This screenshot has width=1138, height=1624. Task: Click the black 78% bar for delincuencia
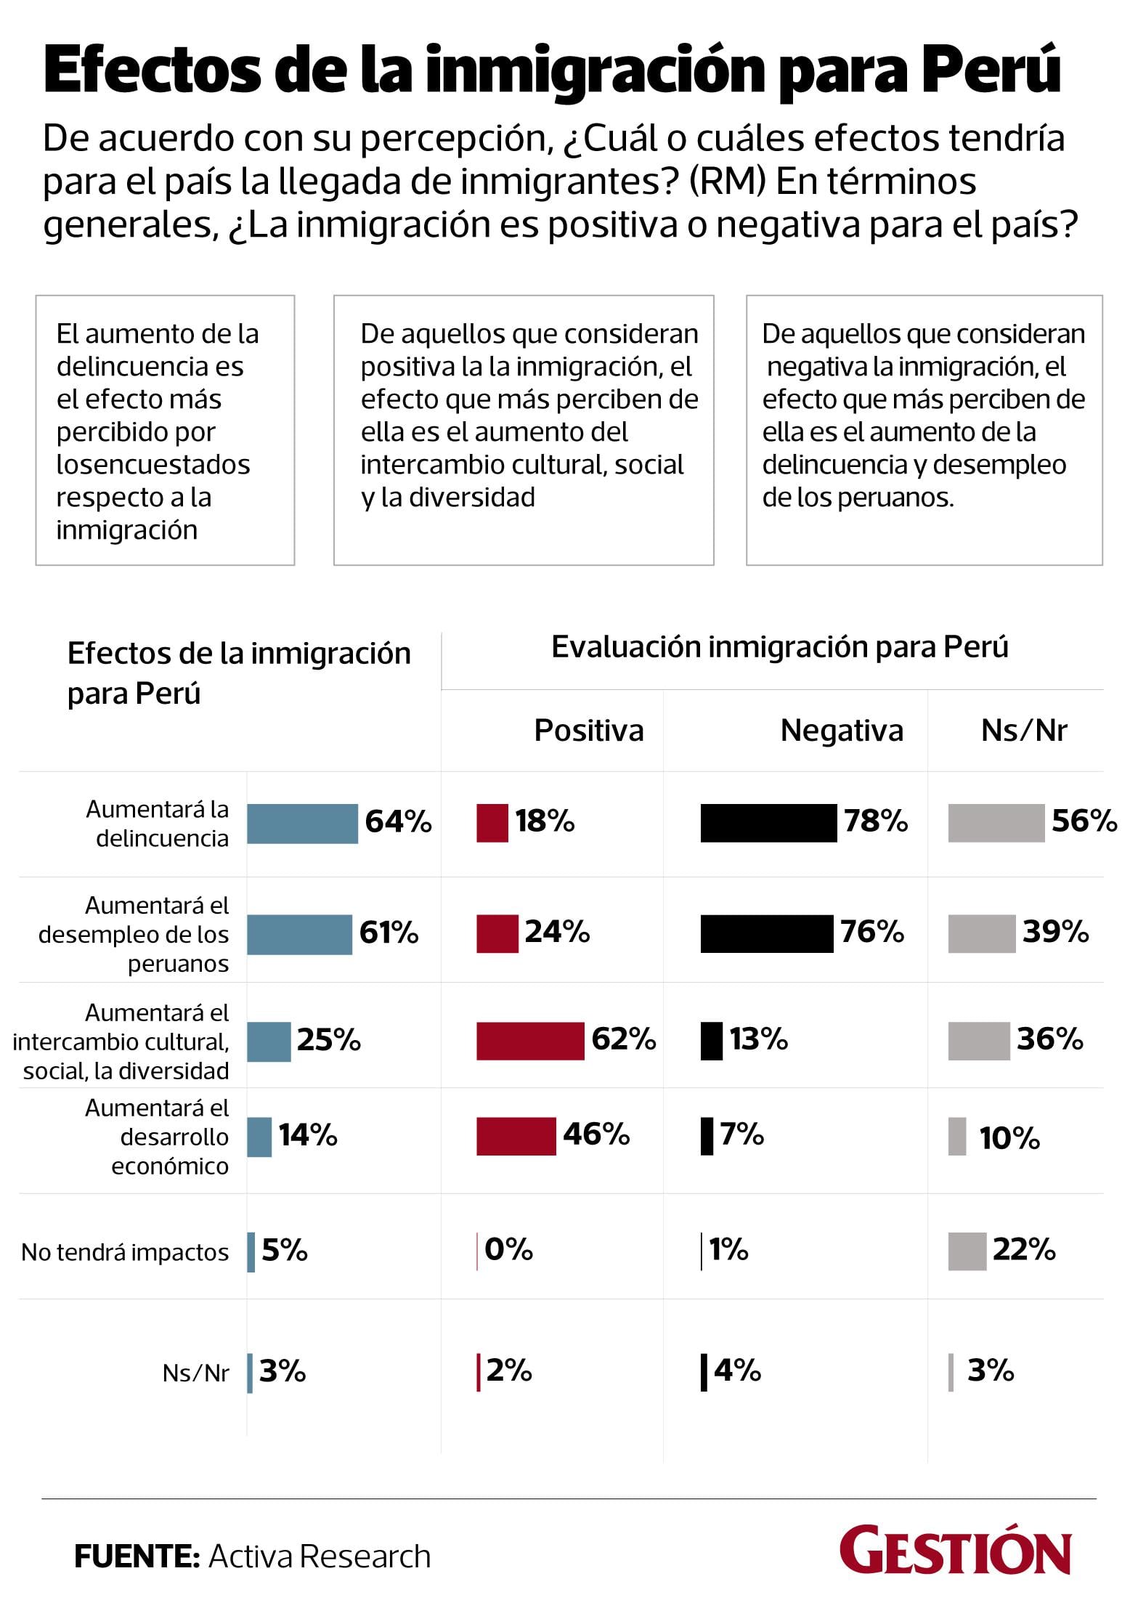(768, 823)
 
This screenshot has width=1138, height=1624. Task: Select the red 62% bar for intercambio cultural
(530, 1041)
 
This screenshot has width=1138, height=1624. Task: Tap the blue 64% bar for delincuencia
(302, 824)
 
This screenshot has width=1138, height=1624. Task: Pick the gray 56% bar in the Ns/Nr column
(996, 823)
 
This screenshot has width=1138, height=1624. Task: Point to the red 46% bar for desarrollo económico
(516, 1136)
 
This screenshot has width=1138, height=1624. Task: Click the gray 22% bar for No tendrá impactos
(967, 1251)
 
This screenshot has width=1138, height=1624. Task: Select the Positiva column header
(588, 731)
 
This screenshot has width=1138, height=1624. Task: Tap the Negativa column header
(842, 731)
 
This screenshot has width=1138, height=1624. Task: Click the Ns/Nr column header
(1024, 731)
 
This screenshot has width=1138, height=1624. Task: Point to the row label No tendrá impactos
(125, 1252)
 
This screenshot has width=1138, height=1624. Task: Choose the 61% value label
(389, 933)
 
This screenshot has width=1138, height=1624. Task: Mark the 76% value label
(872, 932)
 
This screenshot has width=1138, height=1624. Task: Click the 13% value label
(758, 1039)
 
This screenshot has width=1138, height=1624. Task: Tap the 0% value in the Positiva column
(508, 1250)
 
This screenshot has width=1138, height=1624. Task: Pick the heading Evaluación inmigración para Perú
(779, 646)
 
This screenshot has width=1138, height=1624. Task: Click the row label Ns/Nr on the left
(195, 1373)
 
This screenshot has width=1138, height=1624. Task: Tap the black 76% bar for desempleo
(766, 933)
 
